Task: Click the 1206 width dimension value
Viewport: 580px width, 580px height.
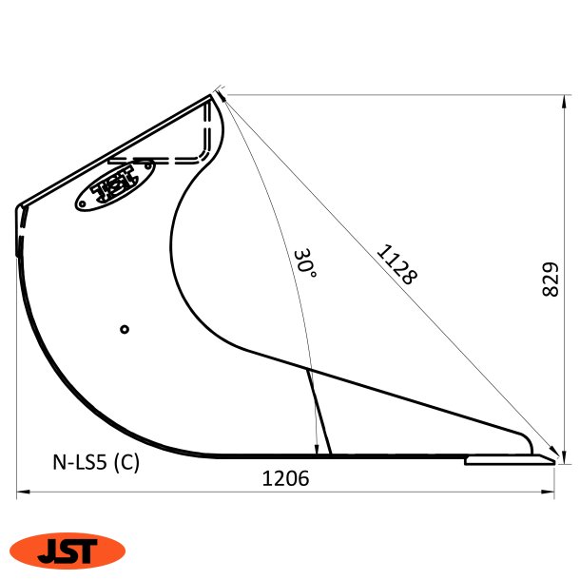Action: click(285, 480)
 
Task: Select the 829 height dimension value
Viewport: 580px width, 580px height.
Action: click(549, 277)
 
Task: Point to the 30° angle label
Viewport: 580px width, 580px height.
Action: click(304, 262)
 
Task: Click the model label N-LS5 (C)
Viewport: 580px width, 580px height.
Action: click(96, 463)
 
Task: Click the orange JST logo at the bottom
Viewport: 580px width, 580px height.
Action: click(68, 550)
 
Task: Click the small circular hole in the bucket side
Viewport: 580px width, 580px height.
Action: click(125, 329)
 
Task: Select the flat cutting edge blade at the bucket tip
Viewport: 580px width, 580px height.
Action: click(509, 460)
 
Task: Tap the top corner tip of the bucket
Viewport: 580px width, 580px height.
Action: click(214, 94)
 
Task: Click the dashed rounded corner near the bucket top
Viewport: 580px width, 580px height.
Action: click(204, 152)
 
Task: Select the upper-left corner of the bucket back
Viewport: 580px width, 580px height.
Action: click(19, 206)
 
